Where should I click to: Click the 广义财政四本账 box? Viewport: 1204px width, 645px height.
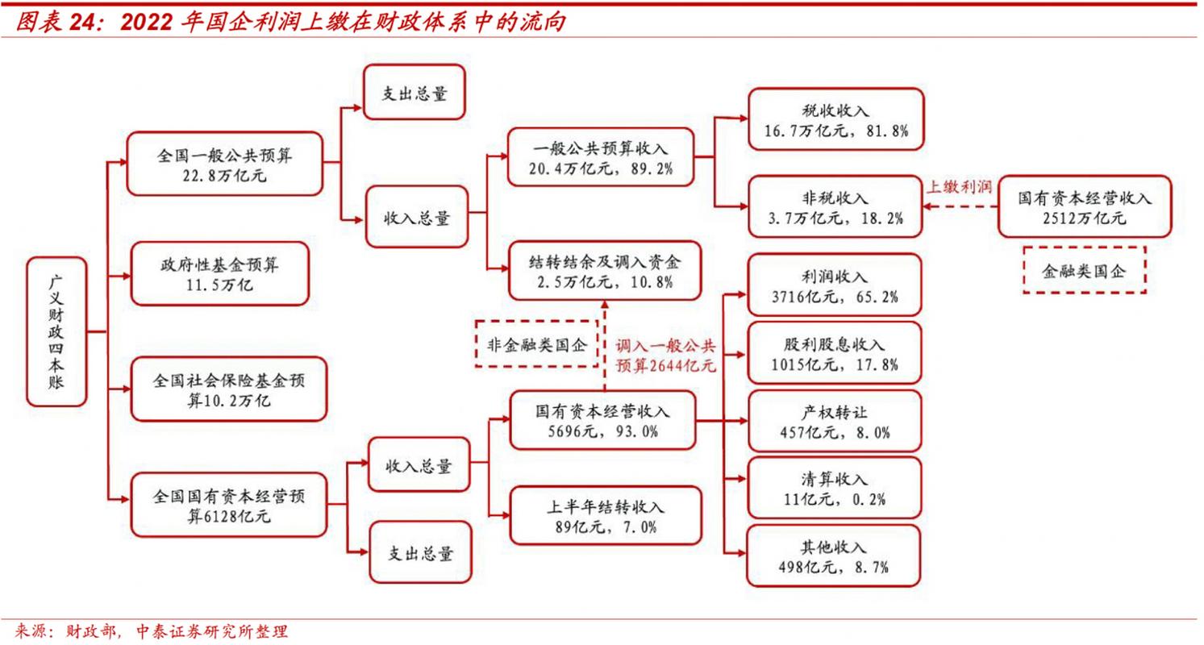tap(56, 331)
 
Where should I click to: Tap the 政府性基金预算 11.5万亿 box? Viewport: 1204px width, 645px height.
tap(219, 273)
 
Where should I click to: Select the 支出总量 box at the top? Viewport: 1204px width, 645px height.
tap(415, 94)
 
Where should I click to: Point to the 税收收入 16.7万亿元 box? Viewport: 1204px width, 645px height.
tap(835, 120)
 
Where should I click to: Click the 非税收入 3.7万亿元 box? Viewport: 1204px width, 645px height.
tap(835, 206)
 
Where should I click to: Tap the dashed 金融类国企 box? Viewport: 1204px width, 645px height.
tap(1084, 270)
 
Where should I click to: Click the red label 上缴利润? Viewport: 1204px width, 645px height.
tap(958, 186)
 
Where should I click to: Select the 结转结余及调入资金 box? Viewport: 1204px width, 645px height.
tap(604, 272)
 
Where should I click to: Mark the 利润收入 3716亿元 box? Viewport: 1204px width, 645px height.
tap(834, 285)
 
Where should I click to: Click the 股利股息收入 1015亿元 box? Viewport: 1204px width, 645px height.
tap(834, 354)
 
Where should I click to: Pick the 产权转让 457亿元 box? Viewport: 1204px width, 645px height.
tap(834, 421)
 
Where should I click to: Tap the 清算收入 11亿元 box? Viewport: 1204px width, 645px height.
tap(834, 488)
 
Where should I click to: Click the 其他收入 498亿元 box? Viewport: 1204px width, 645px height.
tap(834, 556)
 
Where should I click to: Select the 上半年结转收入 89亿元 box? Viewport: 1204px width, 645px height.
tap(604, 517)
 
